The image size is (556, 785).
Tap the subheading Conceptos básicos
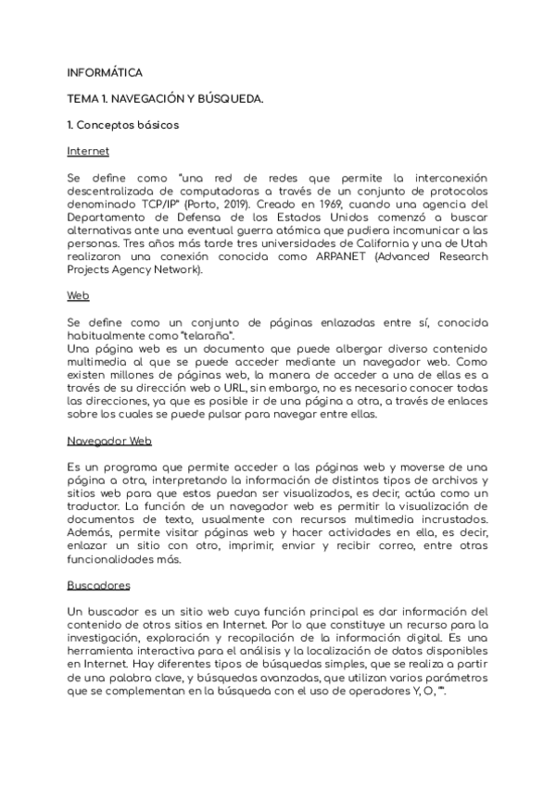(x=129, y=123)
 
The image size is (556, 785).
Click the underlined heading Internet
(x=89, y=149)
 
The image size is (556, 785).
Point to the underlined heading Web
(x=78, y=295)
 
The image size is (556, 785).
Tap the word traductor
(x=95, y=506)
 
